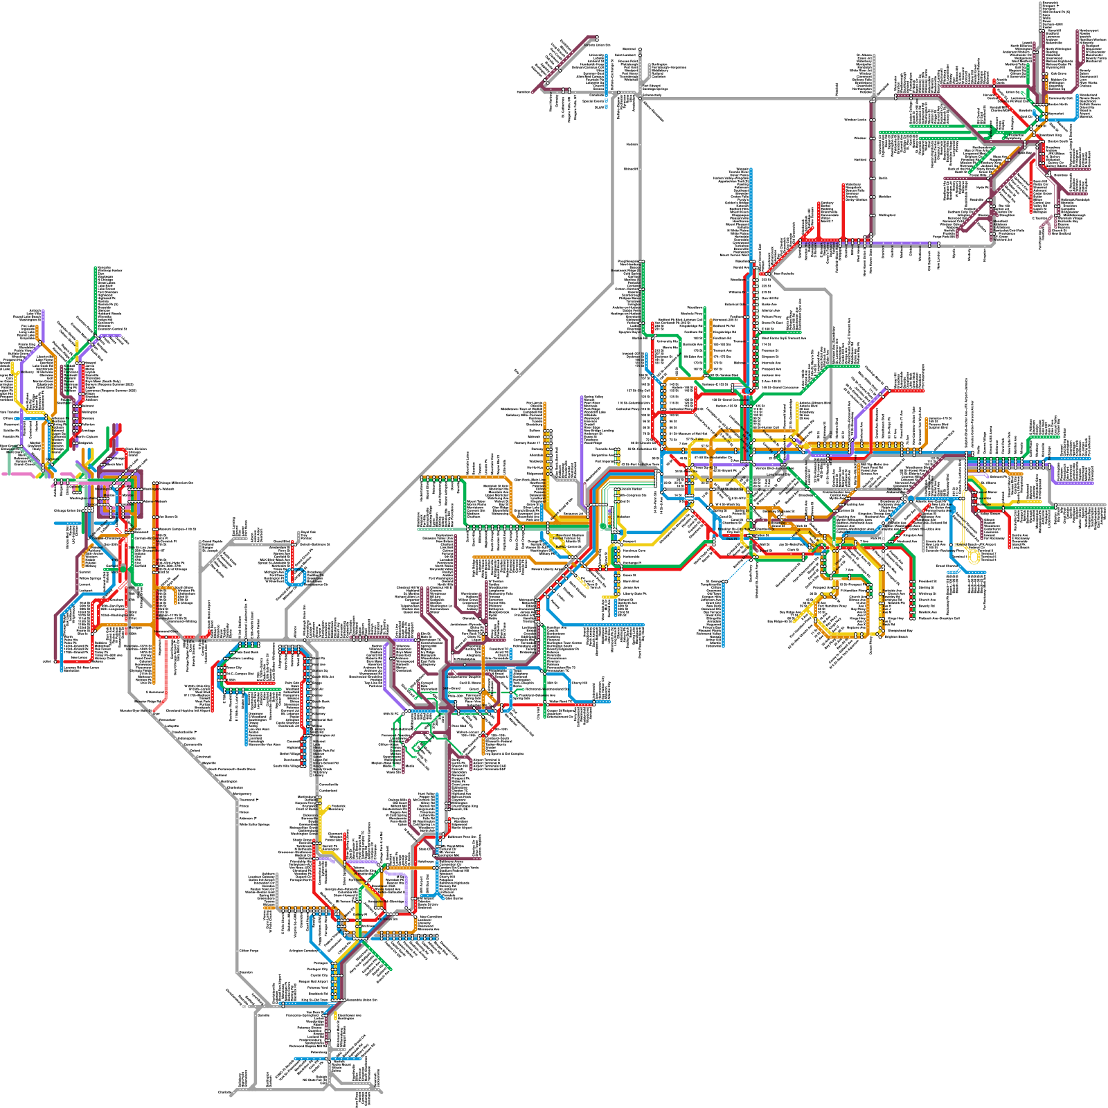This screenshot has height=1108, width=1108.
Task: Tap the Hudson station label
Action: point(632,144)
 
